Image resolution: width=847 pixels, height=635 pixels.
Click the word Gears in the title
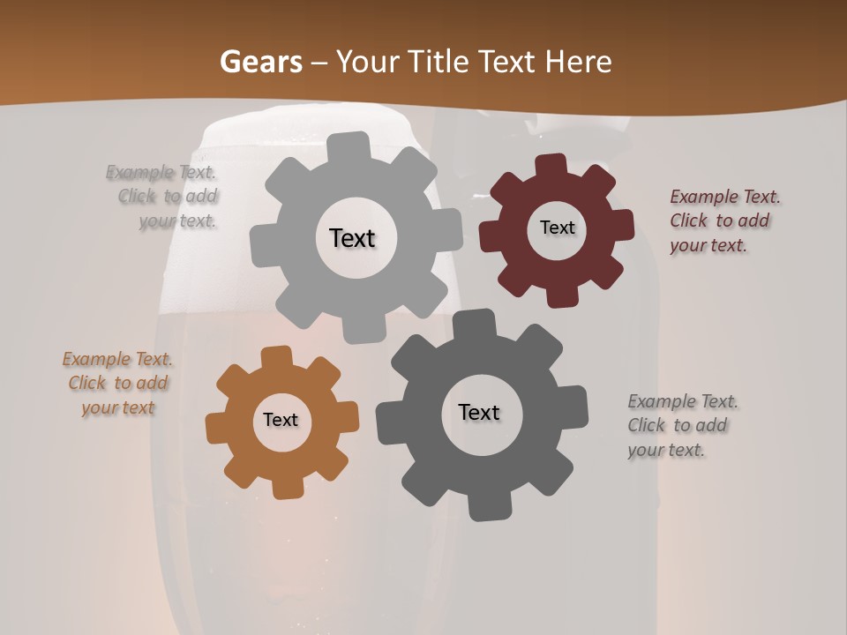pos(260,62)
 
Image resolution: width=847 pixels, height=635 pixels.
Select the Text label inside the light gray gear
pos(352,238)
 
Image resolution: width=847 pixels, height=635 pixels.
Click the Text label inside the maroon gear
pos(557,228)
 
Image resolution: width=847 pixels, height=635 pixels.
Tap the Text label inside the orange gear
pos(281,420)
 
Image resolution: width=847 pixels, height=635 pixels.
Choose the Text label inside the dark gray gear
pos(479,413)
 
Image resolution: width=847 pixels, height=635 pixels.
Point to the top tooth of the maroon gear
pos(551,167)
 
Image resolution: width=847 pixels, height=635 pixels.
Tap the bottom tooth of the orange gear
pos(284,486)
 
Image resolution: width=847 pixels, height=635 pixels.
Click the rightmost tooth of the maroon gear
pos(621,226)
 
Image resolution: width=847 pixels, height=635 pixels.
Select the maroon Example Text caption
pos(723,220)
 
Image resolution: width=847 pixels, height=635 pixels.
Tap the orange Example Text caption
pos(117,384)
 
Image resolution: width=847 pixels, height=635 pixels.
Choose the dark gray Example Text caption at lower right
pos(682,426)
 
